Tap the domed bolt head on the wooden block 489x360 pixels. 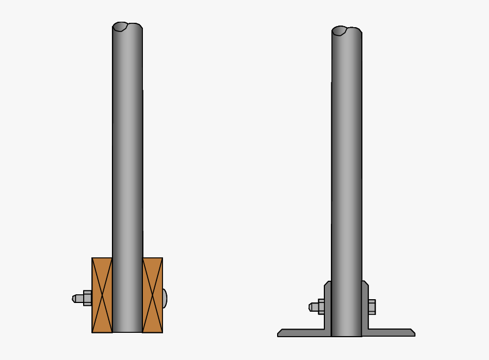pos(165,298)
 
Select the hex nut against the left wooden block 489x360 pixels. pos(87,298)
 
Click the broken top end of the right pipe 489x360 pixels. pos(347,30)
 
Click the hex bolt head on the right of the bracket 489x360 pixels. pos(372,307)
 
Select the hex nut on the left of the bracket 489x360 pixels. pos(321,307)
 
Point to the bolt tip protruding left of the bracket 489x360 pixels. pos(312,307)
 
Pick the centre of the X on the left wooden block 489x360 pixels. pos(102,295)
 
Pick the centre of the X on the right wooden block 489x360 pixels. pos(153,295)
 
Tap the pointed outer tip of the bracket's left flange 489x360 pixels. pos(279,333)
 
